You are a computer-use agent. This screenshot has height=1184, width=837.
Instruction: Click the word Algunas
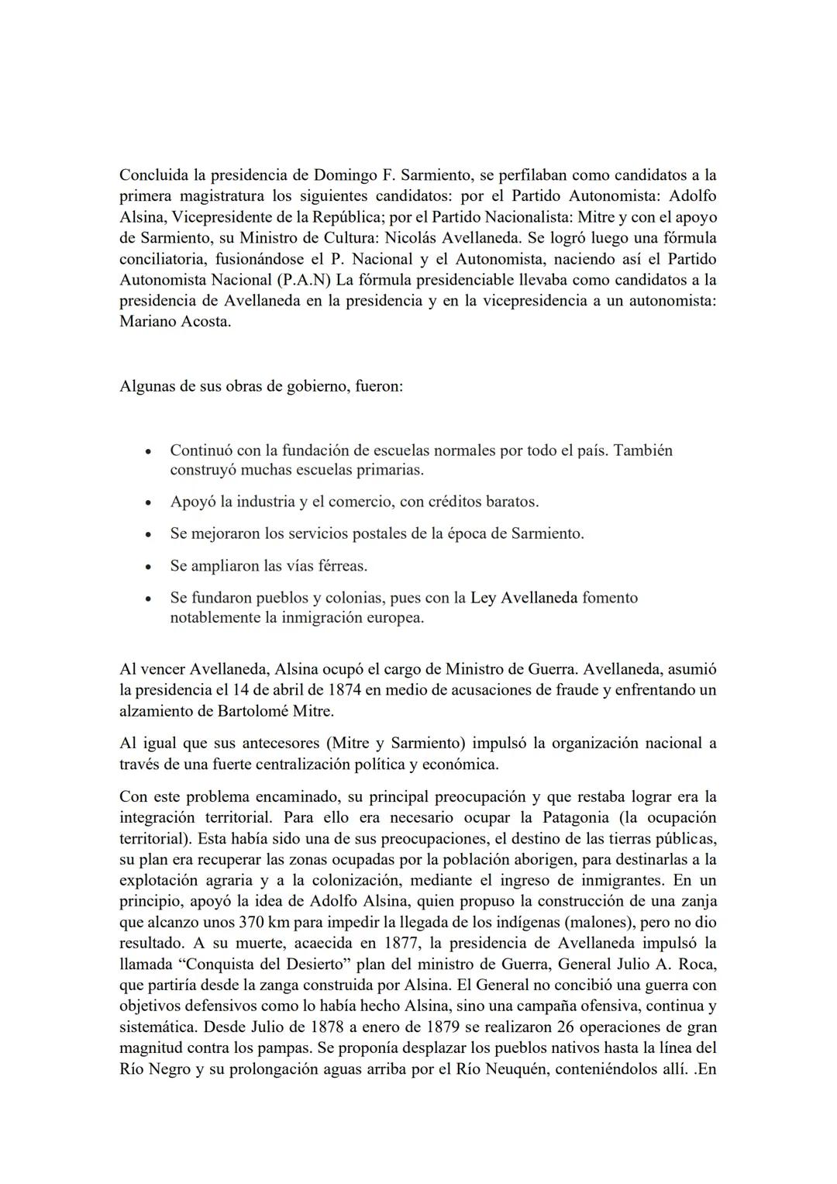(x=147, y=385)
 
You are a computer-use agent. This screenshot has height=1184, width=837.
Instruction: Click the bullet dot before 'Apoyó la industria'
(x=148, y=502)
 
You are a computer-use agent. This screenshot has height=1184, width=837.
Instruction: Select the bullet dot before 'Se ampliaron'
(x=148, y=567)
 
